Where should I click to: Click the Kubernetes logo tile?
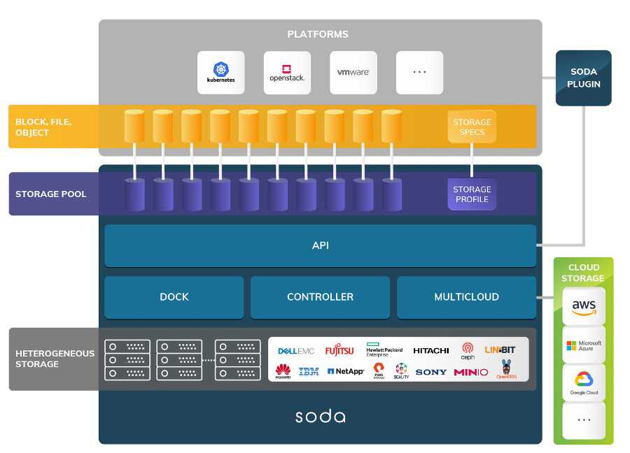click(221, 73)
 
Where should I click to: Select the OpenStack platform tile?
click(287, 73)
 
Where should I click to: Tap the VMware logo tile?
click(353, 73)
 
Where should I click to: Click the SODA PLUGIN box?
click(584, 78)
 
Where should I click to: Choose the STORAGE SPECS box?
click(472, 127)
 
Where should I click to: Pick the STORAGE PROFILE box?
click(472, 194)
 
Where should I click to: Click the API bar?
click(320, 245)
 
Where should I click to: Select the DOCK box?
click(174, 297)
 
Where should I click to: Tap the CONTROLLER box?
click(320, 297)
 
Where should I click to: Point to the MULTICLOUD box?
click(466, 297)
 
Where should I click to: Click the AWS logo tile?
click(584, 306)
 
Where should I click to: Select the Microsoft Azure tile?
click(584, 345)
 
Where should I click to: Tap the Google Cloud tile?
click(584, 382)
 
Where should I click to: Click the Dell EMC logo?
click(296, 351)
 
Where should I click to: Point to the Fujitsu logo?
click(339, 350)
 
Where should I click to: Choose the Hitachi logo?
click(430, 350)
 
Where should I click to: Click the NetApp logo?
click(346, 372)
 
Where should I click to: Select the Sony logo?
click(430, 372)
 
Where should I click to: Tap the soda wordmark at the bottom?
click(320, 417)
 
